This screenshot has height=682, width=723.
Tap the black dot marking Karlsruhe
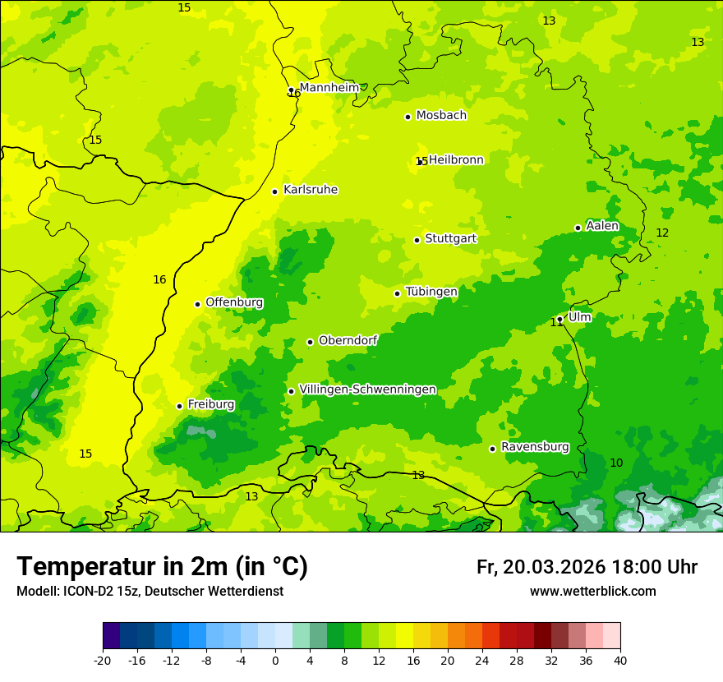(275, 191)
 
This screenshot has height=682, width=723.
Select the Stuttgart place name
(450, 238)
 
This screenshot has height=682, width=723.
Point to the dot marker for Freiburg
(179, 406)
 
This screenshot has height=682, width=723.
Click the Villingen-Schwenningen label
(368, 389)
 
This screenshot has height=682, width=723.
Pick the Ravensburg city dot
(492, 449)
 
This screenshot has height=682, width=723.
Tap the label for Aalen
(602, 226)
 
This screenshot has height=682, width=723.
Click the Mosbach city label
(441, 116)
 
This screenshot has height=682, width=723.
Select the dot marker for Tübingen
(397, 293)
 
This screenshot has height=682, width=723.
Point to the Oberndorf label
(348, 340)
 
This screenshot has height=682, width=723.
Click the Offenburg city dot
(197, 304)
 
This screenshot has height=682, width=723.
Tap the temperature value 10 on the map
(616, 463)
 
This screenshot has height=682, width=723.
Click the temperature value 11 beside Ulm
(556, 323)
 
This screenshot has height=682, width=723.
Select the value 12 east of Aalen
(662, 233)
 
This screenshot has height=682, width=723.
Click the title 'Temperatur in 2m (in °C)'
(162, 566)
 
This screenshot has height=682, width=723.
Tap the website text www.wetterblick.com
(592, 592)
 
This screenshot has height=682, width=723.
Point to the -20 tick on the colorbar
(103, 660)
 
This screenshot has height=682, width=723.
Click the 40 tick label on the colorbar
(620, 660)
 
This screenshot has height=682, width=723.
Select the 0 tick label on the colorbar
(275, 660)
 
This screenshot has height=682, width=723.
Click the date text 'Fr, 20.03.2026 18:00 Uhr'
(587, 567)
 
